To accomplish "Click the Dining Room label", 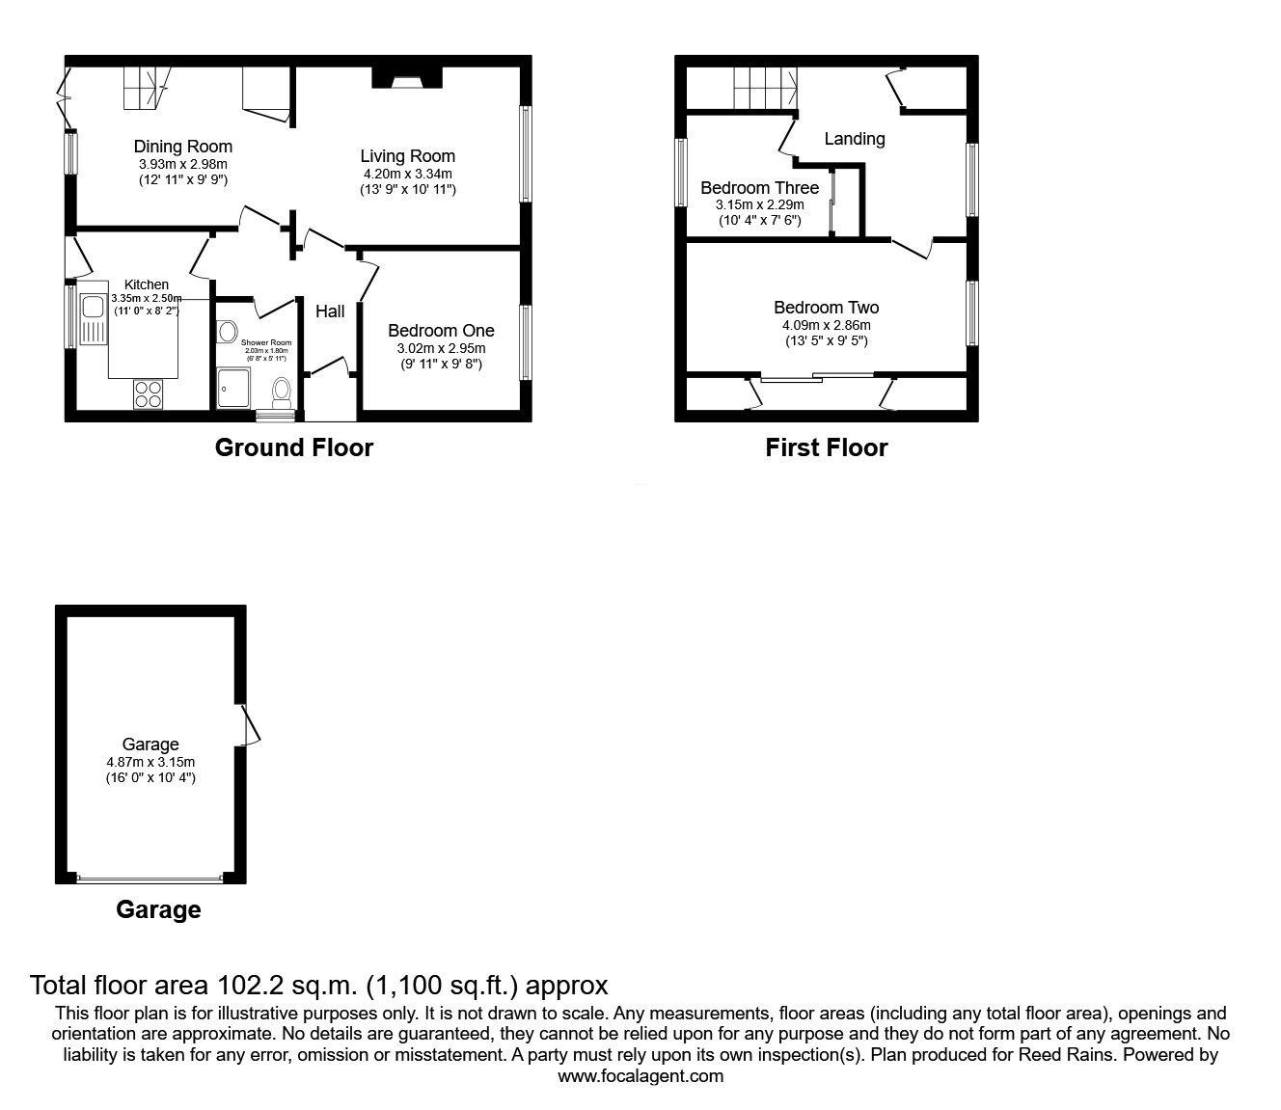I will coord(182,147).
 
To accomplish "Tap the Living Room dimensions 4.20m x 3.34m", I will coord(407,174).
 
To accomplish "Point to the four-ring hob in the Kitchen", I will coord(149,393).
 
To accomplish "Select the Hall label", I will coord(330,311).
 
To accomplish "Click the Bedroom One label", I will coord(441,331).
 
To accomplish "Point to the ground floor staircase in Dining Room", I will coord(145,87).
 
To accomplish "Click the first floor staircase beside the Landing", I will coord(765,89).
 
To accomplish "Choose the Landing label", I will coord(854,139).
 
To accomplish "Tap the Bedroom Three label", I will coord(759,188).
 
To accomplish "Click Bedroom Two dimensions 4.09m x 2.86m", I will coord(826,326).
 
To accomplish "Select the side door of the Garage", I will coord(249,723).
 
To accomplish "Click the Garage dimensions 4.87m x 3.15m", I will coord(150,762).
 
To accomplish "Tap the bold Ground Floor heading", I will coord(293,447).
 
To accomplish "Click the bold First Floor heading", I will coord(826,447).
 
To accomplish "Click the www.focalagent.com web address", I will coord(640,1076).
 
